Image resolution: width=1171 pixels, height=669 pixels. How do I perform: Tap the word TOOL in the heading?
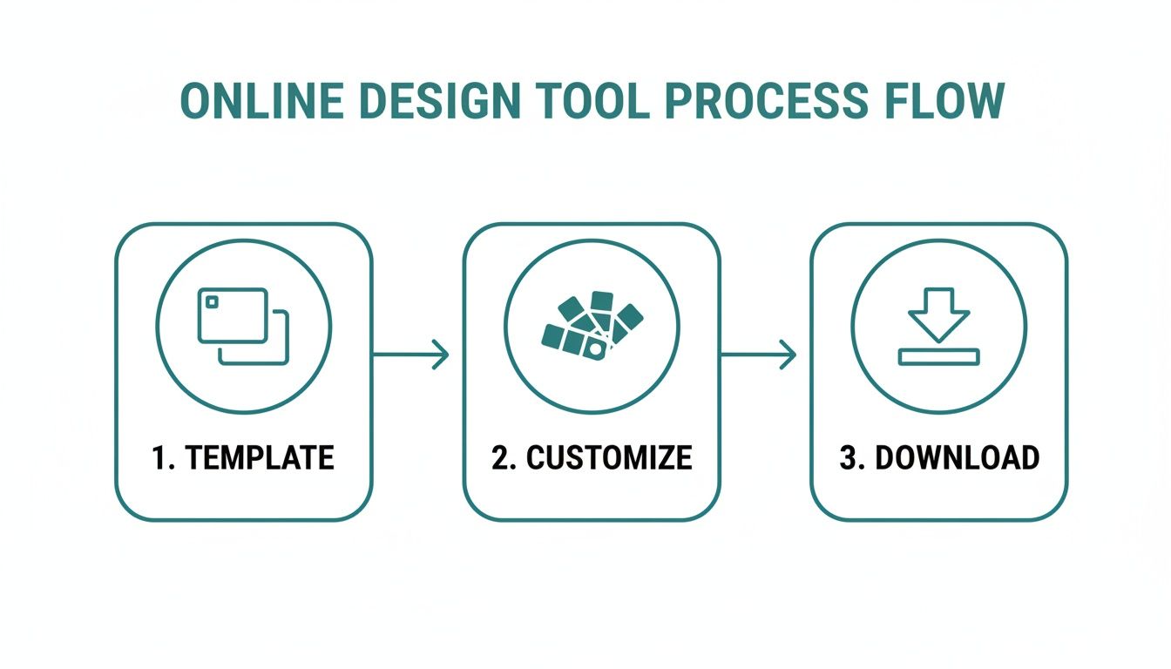pos(593,102)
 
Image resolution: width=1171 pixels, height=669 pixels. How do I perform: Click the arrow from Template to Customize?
pos(410,355)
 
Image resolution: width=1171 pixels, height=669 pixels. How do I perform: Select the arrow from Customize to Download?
pos(758,355)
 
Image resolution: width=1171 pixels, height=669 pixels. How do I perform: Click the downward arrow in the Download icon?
pos(938,314)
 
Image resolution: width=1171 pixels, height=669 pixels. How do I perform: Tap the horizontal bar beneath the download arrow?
pos(938,356)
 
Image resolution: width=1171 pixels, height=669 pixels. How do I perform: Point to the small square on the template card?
pos(210,301)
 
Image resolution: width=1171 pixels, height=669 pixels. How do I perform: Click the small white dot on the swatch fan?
pos(594,349)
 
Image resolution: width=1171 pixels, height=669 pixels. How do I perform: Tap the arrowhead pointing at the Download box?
pos(789,355)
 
